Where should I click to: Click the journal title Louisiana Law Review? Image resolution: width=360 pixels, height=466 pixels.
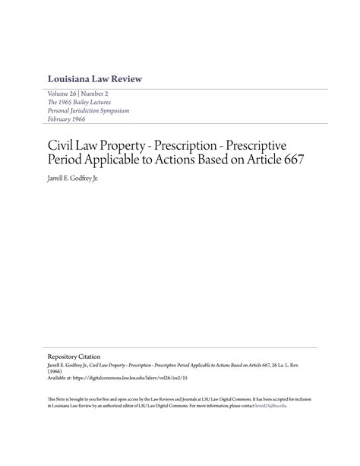pyautogui.click(x=94, y=79)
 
